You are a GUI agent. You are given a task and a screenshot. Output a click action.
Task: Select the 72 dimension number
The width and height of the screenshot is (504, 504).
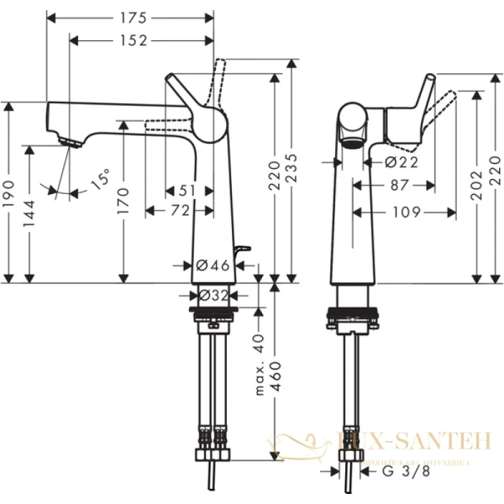180,212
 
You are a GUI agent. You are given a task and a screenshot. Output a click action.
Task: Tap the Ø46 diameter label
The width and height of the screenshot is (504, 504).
213,265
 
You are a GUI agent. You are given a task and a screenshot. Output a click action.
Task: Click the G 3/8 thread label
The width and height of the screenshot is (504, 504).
412,474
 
